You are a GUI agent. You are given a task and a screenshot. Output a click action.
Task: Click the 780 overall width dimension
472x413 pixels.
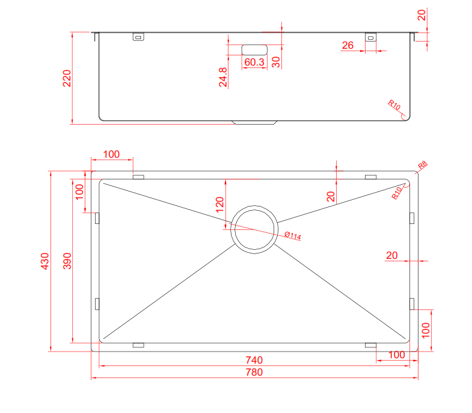pyautogui.click(x=254, y=372)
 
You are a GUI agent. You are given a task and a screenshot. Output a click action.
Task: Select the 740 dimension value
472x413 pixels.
pyautogui.click(x=254, y=360)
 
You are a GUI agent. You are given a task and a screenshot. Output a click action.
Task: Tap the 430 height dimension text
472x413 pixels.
pyautogui.click(x=44, y=261)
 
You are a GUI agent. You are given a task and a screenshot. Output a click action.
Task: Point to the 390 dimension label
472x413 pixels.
pyautogui.click(x=67, y=261)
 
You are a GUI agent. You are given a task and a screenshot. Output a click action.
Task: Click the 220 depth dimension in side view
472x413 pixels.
pyautogui.click(x=67, y=78)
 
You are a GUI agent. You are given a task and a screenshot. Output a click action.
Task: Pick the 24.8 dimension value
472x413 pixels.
pyautogui.click(x=223, y=78)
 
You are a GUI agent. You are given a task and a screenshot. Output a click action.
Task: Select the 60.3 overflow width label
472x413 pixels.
pyautogui.click(x=254, y=63)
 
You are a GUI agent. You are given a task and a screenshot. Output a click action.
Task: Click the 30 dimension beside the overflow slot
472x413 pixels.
pyautogui.click(x=276, y=62)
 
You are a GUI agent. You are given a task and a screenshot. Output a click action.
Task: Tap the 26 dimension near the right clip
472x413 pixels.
pyautogui.click(x=348, y=45)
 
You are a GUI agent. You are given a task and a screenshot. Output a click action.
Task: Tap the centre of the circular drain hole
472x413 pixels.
pyautogui.click(x=255, y=229)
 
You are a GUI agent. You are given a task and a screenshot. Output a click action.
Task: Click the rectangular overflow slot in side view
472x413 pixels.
pyautogui.click(x=254, y=49)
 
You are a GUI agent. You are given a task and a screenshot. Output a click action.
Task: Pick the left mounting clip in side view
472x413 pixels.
pyautogui.click(x=138, y=37)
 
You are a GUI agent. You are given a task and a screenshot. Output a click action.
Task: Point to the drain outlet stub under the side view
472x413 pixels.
pyautogui.click(x=255, y=122)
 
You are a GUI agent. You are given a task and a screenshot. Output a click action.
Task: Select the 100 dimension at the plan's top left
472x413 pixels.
pyautogui.click(x=111, y=154)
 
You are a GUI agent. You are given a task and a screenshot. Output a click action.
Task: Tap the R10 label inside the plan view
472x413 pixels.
pyautogui.click(x=397, y=193)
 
